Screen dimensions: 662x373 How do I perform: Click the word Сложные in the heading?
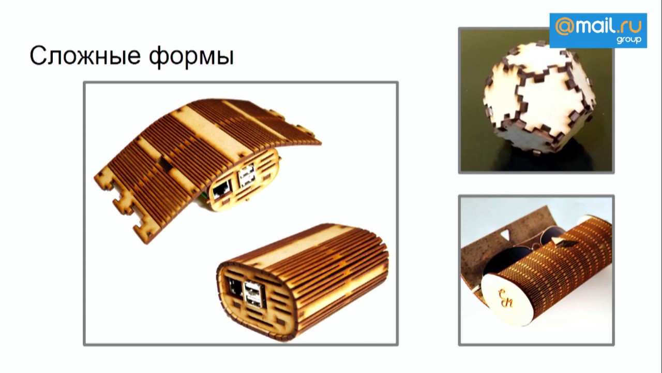coord(85,55)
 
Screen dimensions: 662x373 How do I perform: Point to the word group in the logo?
coord(629,40)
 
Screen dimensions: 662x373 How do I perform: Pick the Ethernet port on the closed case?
coord(235,289)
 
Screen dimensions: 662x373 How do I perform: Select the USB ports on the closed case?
coord(253,294)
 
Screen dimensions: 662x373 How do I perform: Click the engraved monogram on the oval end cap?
coord(505,298)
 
